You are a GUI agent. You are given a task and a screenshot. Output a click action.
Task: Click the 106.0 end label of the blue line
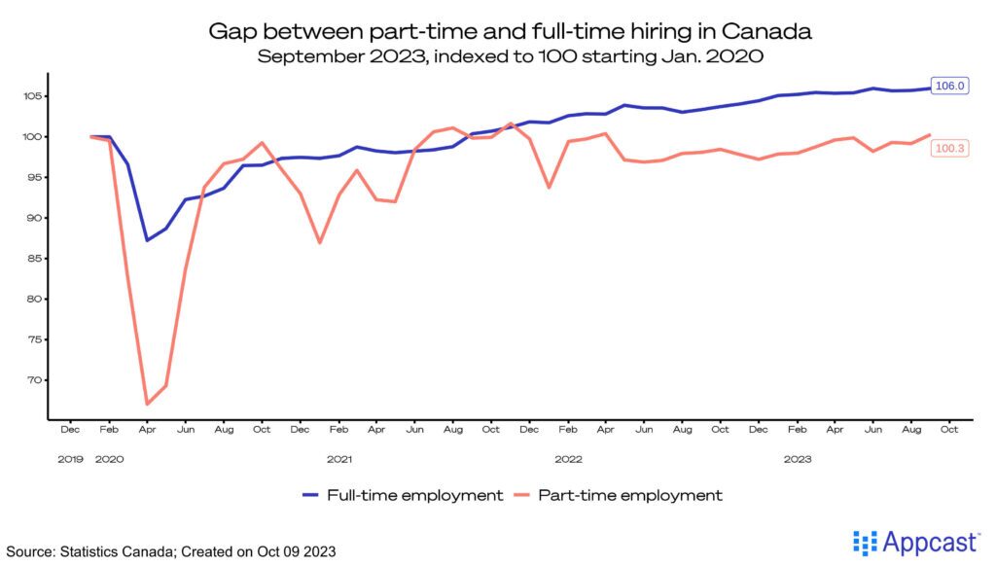coord(948,86)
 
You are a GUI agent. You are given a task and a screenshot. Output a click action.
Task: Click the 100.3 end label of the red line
coord(948,148)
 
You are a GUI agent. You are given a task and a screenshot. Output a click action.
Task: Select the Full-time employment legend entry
coord(403,495)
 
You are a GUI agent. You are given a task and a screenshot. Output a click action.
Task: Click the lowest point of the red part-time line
coord(147,404)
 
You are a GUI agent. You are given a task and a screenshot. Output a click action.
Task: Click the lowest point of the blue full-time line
coord(147,240)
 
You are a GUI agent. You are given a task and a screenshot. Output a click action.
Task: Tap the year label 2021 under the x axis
coord(338,457)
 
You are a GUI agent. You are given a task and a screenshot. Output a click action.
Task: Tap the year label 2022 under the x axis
coord(568,457)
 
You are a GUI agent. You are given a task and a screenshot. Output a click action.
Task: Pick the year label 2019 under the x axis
coord(71,457)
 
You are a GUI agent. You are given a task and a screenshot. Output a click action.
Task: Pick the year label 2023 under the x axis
coord(798,457)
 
